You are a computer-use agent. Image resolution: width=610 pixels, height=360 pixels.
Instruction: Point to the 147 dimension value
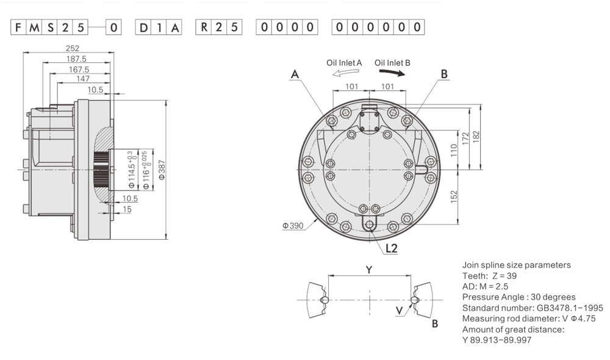click(82, 79)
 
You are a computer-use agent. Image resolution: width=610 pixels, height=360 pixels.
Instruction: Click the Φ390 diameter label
click(293, 225)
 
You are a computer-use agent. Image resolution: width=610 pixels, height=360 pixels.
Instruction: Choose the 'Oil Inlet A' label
click(344, 63)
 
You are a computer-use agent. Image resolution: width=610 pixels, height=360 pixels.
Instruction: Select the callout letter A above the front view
click(295, 74)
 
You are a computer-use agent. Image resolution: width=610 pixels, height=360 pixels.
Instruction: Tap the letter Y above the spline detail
click(368, 268)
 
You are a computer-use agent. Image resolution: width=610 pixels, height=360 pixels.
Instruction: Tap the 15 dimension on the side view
click(126, 209)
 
